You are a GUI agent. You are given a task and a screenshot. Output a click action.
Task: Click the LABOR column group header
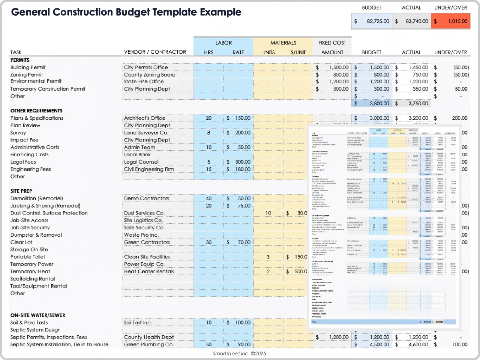click(x=223, y=43)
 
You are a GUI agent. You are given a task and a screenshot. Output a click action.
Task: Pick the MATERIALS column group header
click(x=283, y=43)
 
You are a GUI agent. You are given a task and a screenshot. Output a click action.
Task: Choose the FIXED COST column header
click(x=332, y=43)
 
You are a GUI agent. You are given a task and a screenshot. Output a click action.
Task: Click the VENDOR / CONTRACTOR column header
click(x=155, y=52)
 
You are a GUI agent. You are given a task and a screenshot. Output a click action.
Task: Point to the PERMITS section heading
click(x=20, y=60)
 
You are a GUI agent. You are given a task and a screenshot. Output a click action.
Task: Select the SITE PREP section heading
click(x=21, y=191)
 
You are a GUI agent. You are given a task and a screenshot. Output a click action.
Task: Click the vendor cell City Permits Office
click(x=146, y=67)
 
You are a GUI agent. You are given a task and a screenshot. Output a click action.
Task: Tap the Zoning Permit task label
click(x=26, y=75)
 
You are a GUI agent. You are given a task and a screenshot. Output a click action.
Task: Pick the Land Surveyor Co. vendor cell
click(x=146, y=133)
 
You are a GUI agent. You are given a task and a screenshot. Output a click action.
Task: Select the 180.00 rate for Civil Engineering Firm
click(x=242, y=169)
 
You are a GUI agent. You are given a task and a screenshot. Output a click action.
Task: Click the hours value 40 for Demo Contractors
click(x=209, y=198)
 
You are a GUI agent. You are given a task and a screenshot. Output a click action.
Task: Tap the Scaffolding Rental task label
click(x=33, y=279)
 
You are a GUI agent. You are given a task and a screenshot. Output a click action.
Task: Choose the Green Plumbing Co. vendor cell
click(x=149, y=344)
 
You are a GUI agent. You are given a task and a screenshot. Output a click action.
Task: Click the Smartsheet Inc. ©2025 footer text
click(x=239, y=353)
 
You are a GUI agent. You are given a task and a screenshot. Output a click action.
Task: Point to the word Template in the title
click(x=175, y=12)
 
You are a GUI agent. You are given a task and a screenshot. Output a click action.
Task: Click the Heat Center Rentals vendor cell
click(x=149, y=271)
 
